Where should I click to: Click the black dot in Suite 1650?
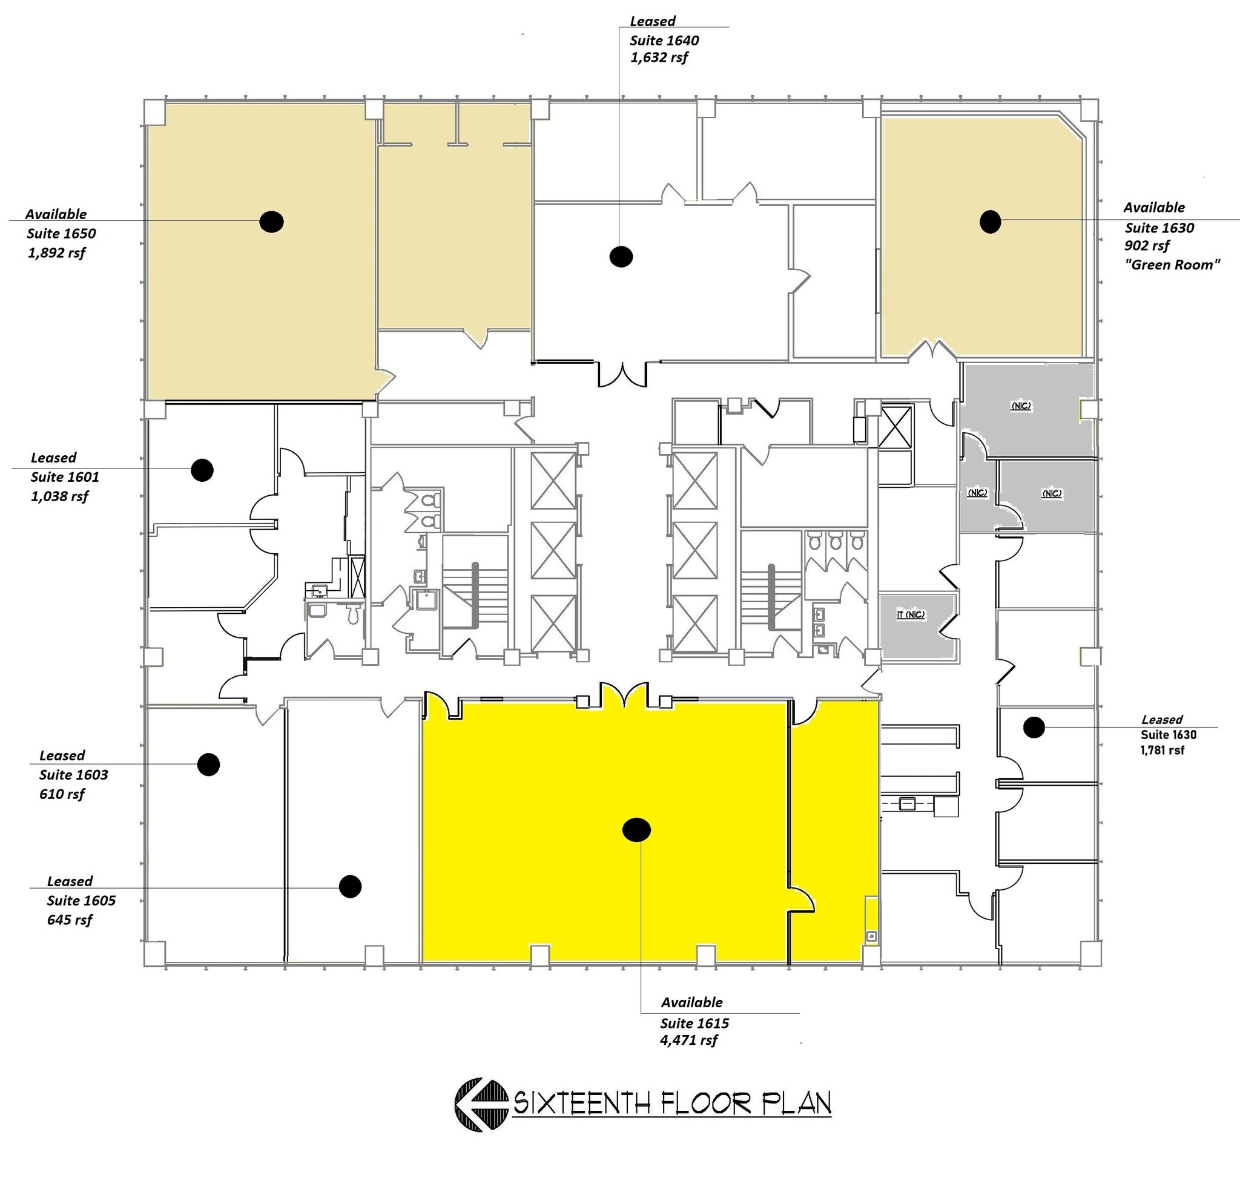point(271,221)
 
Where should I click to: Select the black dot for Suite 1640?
point(621,256)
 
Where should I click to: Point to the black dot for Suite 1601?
point(202,470)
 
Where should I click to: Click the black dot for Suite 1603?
point(208,765)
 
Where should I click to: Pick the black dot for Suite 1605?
point(350,886)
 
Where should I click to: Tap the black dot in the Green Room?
point(990,221)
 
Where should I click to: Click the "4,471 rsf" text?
point(688,1039)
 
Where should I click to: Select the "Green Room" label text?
point(1172,265)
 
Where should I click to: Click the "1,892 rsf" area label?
point(56,253)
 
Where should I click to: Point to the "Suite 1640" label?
point(664,41)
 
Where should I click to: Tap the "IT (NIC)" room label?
point(911,614)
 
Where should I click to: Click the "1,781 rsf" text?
point(1162,750)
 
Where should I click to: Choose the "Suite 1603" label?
point(74,774)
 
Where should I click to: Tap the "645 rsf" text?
point(69,919)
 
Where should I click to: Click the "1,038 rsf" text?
point(59,496)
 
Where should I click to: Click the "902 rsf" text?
point(1147,246)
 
